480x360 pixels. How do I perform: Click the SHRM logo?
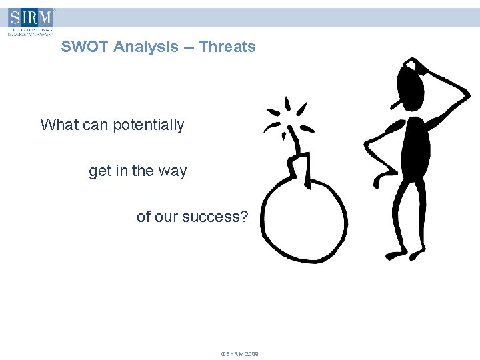tap(30, 21)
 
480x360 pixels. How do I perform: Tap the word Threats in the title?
tap(227, 47)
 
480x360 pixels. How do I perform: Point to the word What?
tap(58, 125)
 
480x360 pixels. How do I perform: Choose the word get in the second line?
tap(100, 171)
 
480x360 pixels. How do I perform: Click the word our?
tap(167, 217)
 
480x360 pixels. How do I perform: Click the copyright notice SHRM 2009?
tap(239, 354)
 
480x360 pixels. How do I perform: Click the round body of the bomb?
tap(303, 217)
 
